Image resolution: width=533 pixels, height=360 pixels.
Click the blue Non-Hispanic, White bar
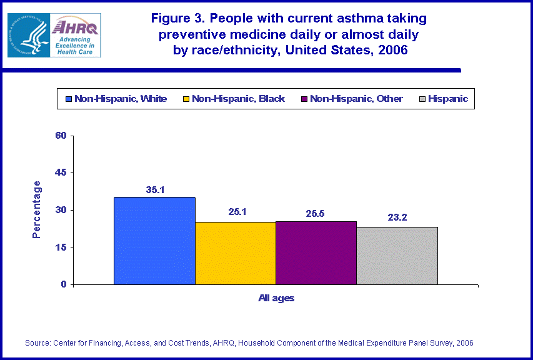coord(154,241)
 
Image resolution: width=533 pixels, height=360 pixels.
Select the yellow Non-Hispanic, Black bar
coord(235,253)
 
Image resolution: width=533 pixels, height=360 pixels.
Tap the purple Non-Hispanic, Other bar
coord(316,252)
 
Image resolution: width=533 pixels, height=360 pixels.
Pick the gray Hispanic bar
coord(397,256)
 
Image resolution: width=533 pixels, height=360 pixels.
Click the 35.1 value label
coord(154,189)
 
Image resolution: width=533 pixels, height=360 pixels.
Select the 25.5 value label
coord(316,212)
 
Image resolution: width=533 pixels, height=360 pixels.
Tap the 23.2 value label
coord(397,218)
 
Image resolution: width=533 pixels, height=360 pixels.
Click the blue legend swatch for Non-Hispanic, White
coord(68,99)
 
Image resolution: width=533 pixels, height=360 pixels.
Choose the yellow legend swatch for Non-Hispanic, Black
coord(186,99)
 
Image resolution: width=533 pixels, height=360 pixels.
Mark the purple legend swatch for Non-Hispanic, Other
coord(304,99)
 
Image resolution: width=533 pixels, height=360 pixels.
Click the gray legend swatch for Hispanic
coord(422,99)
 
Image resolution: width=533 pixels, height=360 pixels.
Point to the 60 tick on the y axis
coord(61,136)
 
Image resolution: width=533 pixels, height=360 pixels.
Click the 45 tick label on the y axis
coord(61,172)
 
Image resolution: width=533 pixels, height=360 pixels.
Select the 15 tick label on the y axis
coord(61,247)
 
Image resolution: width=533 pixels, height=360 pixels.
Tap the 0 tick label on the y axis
coord(64,284)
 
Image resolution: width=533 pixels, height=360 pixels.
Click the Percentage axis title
coord(37,209)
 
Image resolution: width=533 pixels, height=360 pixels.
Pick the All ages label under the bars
coord(276,298)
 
